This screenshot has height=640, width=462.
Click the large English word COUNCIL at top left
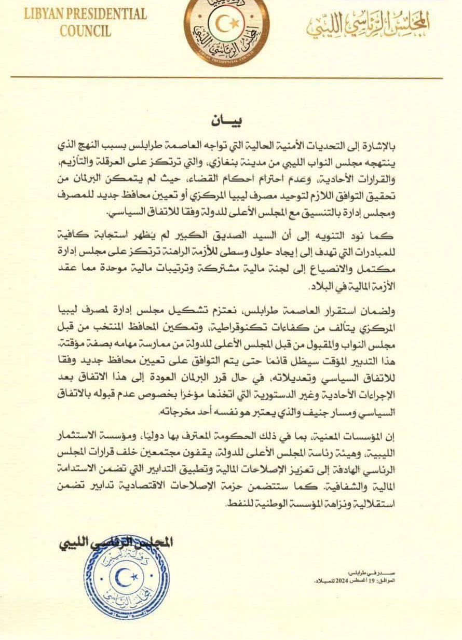click(85, 31)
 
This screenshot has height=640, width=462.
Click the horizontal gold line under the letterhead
click(227, 77)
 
